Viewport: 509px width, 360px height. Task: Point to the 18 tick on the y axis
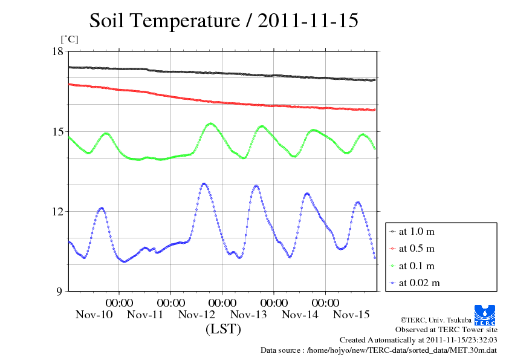click(x=57, y=51)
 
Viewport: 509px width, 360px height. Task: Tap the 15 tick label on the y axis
click(x=57, y=131)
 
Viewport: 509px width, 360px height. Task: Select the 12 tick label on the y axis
click(x=57, y=211)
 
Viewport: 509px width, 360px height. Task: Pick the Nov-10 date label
click(x=94, y=315)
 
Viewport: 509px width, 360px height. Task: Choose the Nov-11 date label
click(x=145, y=315)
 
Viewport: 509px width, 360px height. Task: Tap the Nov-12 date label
click(x=197, y=315)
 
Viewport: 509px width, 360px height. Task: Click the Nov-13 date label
click(x=248, y=315)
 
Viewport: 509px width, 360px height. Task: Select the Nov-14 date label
click(x=300, y=315)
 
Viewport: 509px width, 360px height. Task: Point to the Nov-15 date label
click(x=352, y=315)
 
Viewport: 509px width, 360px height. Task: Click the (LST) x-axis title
click(x=223, y=330)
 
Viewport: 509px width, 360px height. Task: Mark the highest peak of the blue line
click(x=204, y=183)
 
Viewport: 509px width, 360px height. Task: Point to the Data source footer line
click(x=378, y=350)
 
